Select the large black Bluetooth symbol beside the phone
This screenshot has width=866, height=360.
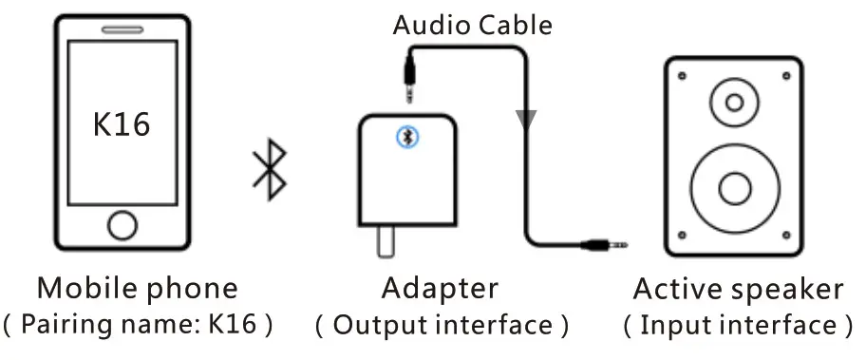point(270,172)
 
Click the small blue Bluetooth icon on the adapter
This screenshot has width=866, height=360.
point(409,139)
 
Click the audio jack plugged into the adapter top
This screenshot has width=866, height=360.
point(409,82)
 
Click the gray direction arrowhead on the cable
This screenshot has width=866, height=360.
point(526,119)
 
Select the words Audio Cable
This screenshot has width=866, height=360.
point(472,25)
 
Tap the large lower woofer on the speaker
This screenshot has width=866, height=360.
point(734,185)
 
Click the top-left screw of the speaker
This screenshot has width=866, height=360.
point(679,73)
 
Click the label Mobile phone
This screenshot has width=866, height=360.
point(137,288)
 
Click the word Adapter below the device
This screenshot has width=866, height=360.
point(440,288)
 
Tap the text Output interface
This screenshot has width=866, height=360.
point(442,326)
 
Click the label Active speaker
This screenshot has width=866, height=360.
point(738,289)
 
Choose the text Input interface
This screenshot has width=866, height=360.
point(738,326)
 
